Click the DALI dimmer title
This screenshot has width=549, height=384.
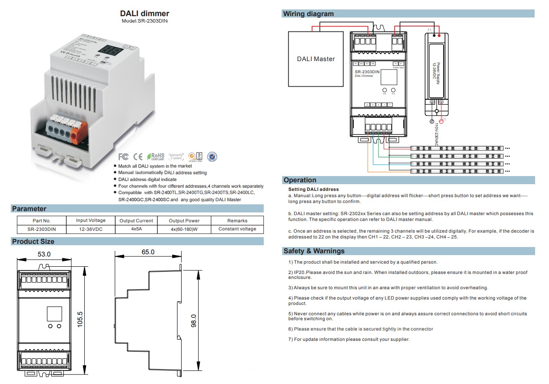tap(144, 14)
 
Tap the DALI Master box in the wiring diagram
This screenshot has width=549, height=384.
tap(316, 59)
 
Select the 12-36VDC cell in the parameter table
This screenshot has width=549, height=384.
tap(91, 229)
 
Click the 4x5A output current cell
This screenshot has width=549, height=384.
tap(136, 229)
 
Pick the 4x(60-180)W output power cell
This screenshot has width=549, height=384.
tap(184, 229)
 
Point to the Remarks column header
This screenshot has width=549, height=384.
tap(237, 221)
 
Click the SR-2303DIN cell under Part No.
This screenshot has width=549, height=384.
tap(42, 229)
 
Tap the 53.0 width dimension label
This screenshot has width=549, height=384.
tap(44, 254)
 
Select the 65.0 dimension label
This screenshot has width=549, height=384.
tap(148, 252)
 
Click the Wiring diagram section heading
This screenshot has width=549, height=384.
tap(308, 14)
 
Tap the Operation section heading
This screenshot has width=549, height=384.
tap(300, 180)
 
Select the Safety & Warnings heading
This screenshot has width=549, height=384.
tap(314, 251)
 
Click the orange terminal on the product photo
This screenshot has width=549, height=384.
tap(76, 133)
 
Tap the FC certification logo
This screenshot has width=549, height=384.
tap(123, 156)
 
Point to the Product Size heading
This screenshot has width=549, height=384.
tap(33, 242)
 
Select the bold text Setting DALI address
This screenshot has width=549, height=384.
tap(314, 190)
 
